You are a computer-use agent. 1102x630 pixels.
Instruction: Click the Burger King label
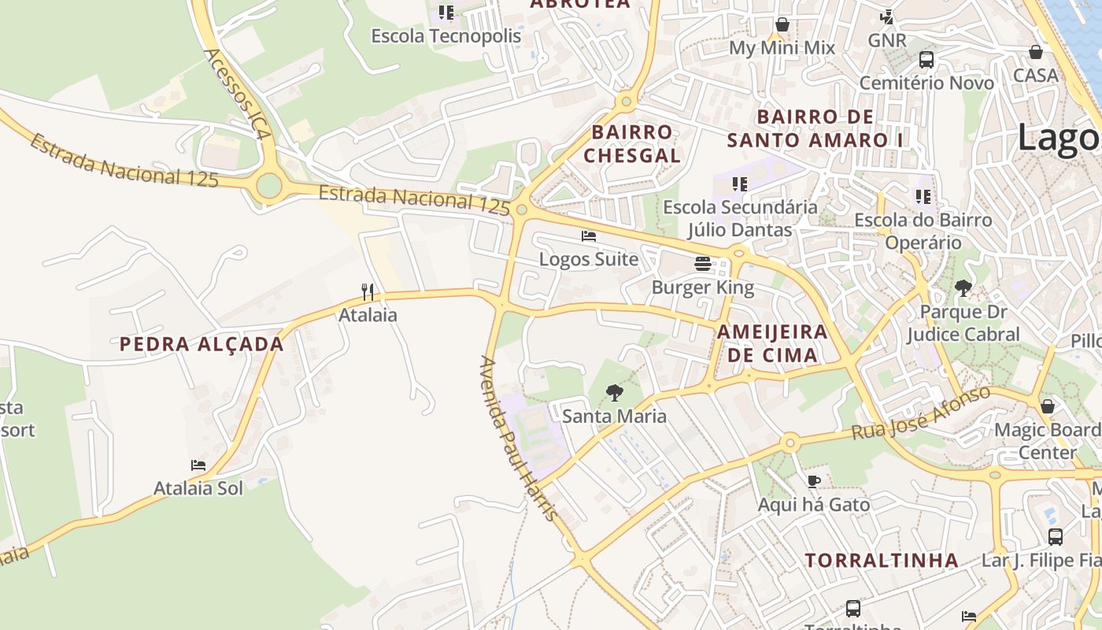pyautogui.click(x=703, y=287)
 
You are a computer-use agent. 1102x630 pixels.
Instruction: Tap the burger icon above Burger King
pyautogui.click(x=703, y=264)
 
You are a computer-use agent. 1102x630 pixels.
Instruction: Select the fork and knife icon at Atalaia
pyautogui.click(x=368, y=292)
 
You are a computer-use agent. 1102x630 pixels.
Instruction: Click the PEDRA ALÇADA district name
pyautogui.click(x=202, y=344)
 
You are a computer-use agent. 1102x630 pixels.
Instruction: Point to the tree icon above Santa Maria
pyautogui.click(x=614, y=392)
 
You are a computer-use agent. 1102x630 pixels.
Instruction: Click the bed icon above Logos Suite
pyautogui.click(x=589, y=235)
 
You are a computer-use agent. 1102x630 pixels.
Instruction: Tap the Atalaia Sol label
pyautogui.click(x=198, y=488)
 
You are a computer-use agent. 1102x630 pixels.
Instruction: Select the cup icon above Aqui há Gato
pyautogui.click(x=814, y=481)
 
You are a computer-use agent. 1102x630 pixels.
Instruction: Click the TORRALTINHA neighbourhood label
pyautogui.click(x=882, y=561)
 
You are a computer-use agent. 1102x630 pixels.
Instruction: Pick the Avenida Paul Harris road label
pyautogui.click(x=520, y=439)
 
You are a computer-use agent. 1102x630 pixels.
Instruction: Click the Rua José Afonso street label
pyautogui.click(x=921, y=413)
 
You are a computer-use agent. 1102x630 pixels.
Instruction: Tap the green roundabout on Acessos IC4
pyautogui.click(x=269, y=187)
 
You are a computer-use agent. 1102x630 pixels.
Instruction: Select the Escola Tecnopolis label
pyautogui.click(x=446, y=36)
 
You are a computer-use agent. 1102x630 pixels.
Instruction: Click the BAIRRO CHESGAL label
pyautogui.click(x=632, y=143)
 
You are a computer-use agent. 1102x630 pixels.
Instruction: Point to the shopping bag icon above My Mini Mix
pyautogui.click(x=782, y=25)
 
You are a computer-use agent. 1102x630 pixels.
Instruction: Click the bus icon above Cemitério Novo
pyautogui.click(x=926, y=59)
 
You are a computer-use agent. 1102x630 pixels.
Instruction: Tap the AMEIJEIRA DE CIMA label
pyautogui.click(x=772, y=343)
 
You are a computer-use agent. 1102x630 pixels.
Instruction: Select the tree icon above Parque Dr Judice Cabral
pyautogui.click(x=963, y=288)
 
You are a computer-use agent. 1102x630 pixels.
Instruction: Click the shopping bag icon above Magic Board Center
pyautogui.click(x=1047, y=406)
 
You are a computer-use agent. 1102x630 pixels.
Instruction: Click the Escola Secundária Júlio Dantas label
pyautogui.click(x=740, y=218)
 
